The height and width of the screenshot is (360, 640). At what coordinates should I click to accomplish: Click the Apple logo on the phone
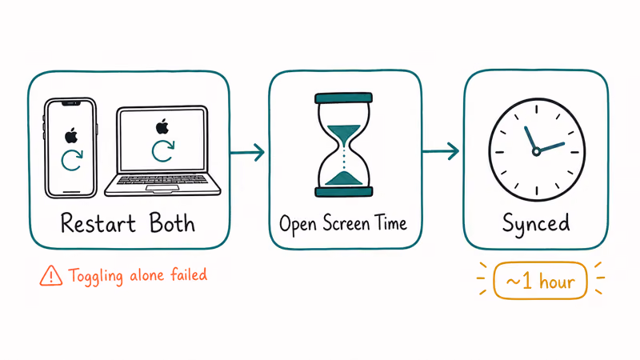point(71,136)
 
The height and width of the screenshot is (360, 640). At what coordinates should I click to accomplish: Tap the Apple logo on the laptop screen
point(162,126)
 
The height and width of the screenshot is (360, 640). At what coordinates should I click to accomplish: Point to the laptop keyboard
point(162,179)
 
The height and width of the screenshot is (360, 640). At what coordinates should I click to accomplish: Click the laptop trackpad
point(162,188)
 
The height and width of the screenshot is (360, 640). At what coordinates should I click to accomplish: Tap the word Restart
point(98,223)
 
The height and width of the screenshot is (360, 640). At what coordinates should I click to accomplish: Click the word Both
point(172,222)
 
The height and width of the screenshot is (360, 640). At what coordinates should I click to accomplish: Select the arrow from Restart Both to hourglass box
point(247,153)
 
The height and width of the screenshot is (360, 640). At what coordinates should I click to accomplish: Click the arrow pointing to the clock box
point(441,151)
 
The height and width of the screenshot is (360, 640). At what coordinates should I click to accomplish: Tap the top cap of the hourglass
point(344,98)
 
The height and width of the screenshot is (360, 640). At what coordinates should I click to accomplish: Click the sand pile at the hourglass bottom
point(344,178)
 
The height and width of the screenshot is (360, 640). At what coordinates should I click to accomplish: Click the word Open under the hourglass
point(298,225)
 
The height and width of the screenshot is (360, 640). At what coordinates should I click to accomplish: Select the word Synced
point(536,224)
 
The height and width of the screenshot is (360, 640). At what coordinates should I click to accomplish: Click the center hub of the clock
point(536,152)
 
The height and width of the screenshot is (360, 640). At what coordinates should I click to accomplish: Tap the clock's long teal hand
point(551,147)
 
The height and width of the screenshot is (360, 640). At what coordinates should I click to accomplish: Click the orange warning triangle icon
point(51,275)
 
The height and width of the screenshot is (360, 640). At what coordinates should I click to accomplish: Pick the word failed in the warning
point(189,274)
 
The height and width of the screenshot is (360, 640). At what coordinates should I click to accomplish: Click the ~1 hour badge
point(540,281)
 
